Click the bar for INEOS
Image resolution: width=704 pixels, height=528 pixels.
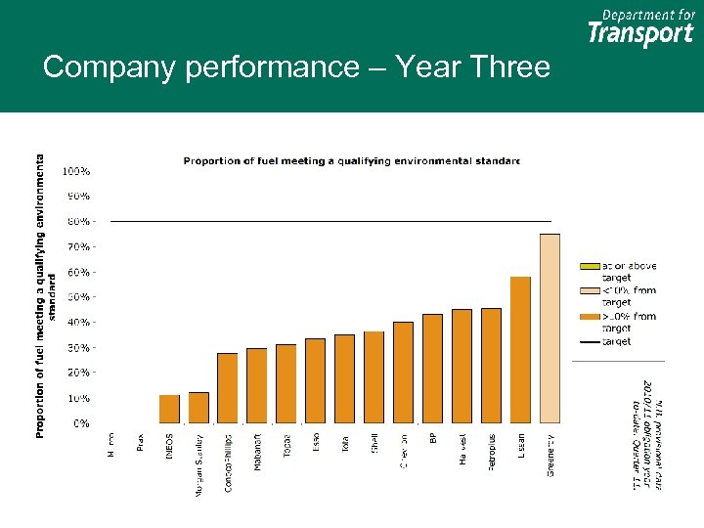pos(169,409)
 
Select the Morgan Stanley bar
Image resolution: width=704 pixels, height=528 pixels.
pos(198,408)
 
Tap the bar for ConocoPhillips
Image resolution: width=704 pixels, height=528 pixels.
pos(228,388)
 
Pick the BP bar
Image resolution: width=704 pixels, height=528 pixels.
pos(432,369)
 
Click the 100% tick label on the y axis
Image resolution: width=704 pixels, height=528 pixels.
pos(76,171)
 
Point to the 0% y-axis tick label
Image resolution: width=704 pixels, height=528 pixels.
pos(82,423)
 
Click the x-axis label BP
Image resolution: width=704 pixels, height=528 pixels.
pos(433,439)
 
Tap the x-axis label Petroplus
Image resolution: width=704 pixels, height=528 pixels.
pos(492,452)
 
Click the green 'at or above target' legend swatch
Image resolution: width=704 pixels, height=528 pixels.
pos(590,266)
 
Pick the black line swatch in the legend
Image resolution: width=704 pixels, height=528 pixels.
pos(590,342)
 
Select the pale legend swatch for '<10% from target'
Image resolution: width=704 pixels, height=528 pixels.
pos(590,290)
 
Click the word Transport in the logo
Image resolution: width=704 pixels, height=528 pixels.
pos(640,34)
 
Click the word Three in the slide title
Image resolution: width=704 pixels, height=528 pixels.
pos(509,67)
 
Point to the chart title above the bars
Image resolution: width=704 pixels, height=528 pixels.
pos(352,160)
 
